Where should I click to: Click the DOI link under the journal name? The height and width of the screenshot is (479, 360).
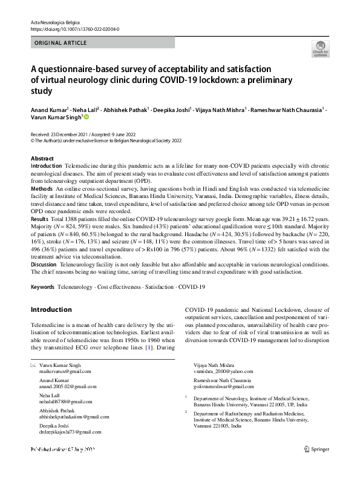click(74, 28)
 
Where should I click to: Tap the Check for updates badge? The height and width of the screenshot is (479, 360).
click(321, 49)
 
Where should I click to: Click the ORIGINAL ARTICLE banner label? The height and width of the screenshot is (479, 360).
click(60, 43)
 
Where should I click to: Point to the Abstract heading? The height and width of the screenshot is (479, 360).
click(42, 158)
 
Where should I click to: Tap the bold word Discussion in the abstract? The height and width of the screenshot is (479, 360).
click(45, 265)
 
